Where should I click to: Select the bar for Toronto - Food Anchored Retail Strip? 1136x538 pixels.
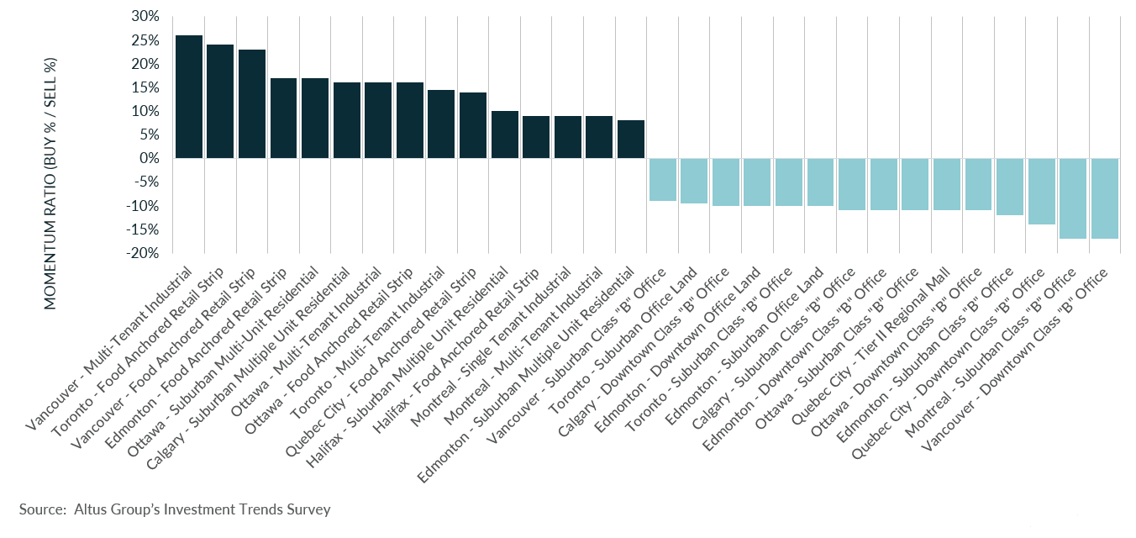(x=220, y=102)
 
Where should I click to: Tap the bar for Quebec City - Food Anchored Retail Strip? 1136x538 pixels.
(x=472, y=125)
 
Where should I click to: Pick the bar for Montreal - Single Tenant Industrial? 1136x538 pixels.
(x=567, y=137)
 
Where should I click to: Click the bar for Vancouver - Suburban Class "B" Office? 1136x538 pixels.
(x=662, y=179)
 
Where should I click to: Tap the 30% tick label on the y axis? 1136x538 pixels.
(x=145, y=17)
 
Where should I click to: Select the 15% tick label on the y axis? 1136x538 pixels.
(x=145, y=87)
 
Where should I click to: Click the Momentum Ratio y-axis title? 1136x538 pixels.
(x=50, y=183)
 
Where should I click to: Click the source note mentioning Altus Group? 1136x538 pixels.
(x=175, y=509)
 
